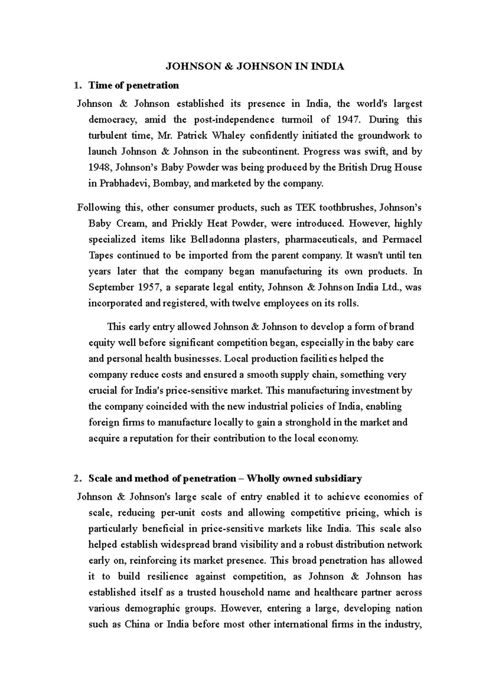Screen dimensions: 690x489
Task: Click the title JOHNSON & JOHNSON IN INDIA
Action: pyautogui.click(x=254, y=67)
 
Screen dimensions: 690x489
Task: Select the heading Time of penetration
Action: pyautogui.click(x=134, y=86)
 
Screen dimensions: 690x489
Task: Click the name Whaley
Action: pyautogui.click(x=228, y=136)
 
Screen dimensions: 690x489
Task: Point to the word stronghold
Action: pyautogui.click(x=308, y=422)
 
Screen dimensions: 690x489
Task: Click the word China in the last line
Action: pyautogui.click(x=137, y=624)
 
